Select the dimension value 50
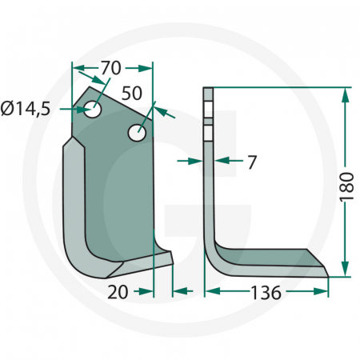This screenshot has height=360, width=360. click(133, 92)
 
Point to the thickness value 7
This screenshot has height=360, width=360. click(252, 162)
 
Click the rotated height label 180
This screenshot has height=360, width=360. click(346, 183)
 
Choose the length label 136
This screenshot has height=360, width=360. click(265, 293)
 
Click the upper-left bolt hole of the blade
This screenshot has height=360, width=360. click(94, 108)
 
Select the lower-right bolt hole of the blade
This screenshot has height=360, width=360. click(138, 130)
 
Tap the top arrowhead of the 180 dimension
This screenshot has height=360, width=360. click(345, 94)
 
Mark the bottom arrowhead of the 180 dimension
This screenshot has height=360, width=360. click(345, 270)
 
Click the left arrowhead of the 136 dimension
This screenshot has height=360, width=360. click(211, 292)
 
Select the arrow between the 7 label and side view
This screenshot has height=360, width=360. click(225, 161)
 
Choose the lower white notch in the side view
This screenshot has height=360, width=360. click(209, 129)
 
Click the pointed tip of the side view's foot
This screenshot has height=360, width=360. click(327, 276)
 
